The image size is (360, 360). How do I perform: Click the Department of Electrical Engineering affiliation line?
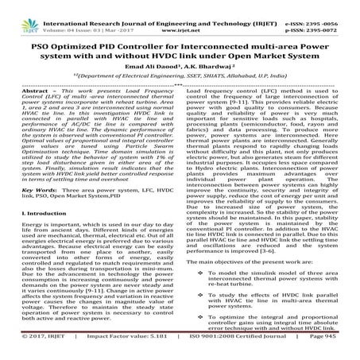(x=180, y=60)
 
